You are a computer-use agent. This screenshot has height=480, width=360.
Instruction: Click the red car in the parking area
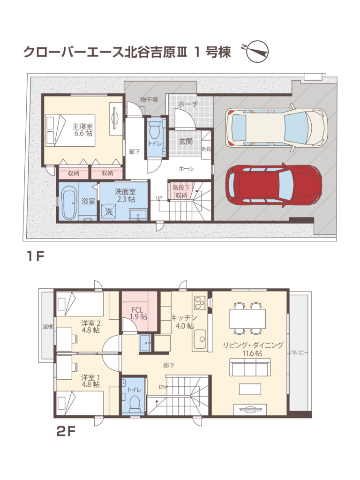(273, 185)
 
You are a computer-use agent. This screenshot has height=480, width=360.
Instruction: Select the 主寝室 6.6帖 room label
(82, 130)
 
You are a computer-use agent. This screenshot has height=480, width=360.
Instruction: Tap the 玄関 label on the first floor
(186, 141)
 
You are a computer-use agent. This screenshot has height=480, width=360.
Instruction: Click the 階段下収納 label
(181, 191)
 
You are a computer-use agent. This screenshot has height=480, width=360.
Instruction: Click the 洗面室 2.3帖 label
(125, 195)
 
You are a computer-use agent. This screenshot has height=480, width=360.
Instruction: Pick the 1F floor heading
(35, 256)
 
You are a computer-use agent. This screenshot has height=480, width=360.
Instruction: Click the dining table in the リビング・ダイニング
(247, 318)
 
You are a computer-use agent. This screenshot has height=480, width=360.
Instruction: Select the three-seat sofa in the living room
(250, 367)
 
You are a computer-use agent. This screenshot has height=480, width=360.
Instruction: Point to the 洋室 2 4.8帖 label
(90, 326)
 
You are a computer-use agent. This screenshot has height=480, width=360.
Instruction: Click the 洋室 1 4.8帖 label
(90, 381)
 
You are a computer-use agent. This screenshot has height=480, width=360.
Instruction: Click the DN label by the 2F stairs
(162, 387)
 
